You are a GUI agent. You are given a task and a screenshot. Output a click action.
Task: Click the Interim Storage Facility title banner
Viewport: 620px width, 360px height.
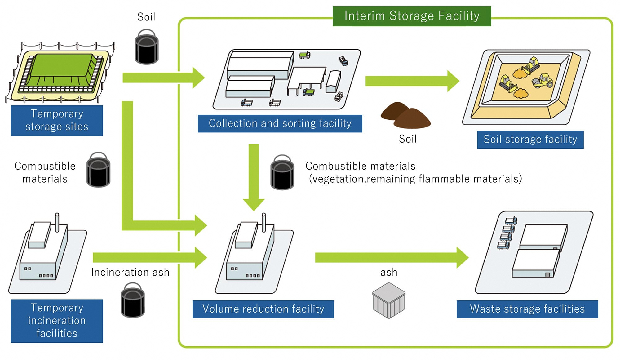click(x=412, y=16)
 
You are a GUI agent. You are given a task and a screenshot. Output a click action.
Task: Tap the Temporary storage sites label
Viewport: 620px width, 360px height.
click(x=57, y=120)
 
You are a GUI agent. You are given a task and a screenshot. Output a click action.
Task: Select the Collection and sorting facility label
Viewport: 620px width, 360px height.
click(x=280, y=123)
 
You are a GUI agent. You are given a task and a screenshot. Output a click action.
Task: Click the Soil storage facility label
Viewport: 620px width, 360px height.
click(x=530, y=140)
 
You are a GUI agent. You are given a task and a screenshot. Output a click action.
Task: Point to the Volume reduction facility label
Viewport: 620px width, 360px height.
click(x=263, y=309)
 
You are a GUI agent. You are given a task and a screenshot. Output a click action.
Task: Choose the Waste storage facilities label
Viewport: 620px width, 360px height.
click(x=527, y=309)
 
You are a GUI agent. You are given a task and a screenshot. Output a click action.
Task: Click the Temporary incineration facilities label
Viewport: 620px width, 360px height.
click(x=57, y=321)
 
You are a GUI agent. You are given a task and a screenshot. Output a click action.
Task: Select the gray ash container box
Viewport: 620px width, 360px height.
click(x=389, y=301)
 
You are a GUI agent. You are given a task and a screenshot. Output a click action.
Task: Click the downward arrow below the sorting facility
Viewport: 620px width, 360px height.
click(x=254, y=177)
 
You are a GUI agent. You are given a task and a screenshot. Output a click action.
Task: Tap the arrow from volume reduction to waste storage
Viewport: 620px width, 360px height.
click(x=391, y=257)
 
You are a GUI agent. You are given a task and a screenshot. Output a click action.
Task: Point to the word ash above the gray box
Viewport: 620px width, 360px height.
click(x=389, y=272)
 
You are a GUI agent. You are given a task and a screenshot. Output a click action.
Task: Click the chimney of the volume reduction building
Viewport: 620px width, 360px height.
click(x=264, y=222)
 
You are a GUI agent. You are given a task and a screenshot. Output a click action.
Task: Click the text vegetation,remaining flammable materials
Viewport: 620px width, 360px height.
click(x=415, y=179)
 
